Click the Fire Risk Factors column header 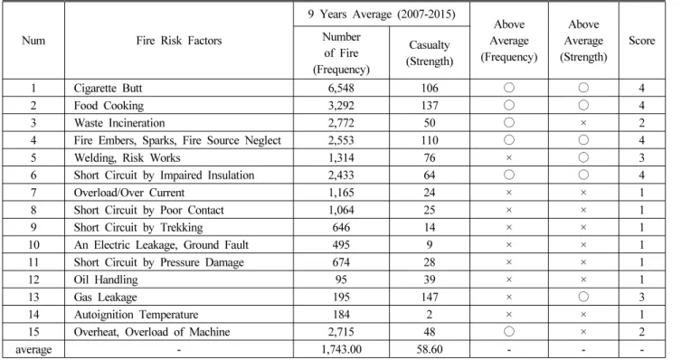coord(178,41)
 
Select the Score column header coord(641,41)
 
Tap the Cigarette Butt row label coord(108,88)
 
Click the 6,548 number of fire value coord(341,88)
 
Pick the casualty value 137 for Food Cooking coord(429,106)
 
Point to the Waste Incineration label coord(119,123)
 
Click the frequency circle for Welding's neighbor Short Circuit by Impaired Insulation coord(509,175)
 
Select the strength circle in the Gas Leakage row coord(583,297)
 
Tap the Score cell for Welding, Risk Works coord(641,157)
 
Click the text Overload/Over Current coord(129,193)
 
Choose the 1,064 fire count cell coord(341,210)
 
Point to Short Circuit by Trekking coord(138,228)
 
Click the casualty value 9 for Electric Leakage coord(429,245)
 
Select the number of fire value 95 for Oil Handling coord(341,279)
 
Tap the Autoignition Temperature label coord(136,315)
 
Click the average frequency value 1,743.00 coord(341,349)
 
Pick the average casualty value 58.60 coord(429,349)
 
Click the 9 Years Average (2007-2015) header coord(382,14)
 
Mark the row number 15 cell coord(33,332)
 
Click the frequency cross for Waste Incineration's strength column coord(583,123)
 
